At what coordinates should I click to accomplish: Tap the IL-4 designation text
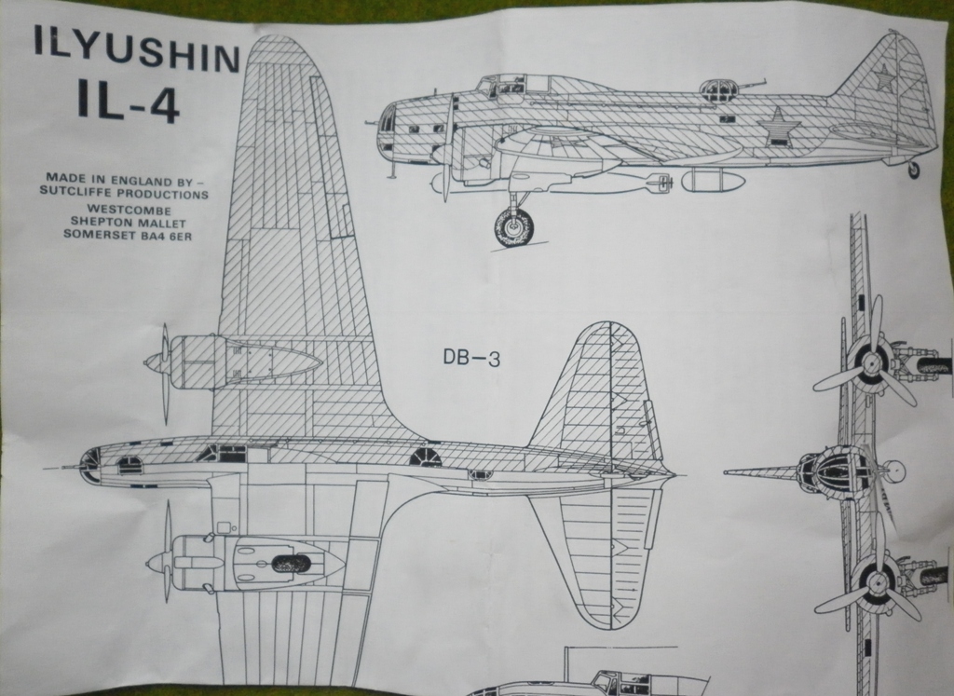pos(129,104)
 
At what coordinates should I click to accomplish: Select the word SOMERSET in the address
pos(102,234)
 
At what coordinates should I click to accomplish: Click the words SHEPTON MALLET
pos(129,222)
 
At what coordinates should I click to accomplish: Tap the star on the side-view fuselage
pos(774,127)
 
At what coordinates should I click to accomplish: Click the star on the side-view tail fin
pos(882,78)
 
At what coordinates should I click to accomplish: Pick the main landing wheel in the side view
pos(514,225)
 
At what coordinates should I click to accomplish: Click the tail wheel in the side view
pos(913,170)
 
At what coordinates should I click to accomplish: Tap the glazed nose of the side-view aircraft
pos(387,130)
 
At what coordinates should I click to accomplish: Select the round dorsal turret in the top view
pos(425,456)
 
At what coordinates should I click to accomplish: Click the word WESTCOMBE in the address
pos(129,209)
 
